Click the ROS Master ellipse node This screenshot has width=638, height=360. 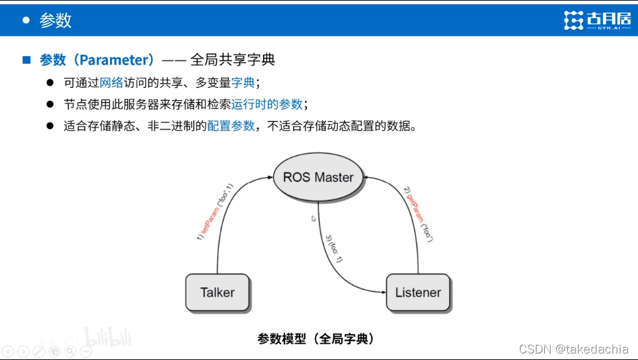point(318,177)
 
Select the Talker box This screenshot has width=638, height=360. point(217,292)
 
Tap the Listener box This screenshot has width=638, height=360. point(418,292)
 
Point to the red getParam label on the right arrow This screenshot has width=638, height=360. point(414,208)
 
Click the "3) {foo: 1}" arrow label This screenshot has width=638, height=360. point(333,248)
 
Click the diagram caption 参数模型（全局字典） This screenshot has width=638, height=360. point(316,339)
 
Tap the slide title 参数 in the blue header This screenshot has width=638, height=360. point(55,20)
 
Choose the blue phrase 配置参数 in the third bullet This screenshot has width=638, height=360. point(231,126)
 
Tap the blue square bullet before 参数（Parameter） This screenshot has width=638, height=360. point(27,60)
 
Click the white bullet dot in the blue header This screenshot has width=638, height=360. point(26,20)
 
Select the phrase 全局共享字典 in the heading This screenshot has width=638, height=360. point(232,60)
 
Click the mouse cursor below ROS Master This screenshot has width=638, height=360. point(314,219)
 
